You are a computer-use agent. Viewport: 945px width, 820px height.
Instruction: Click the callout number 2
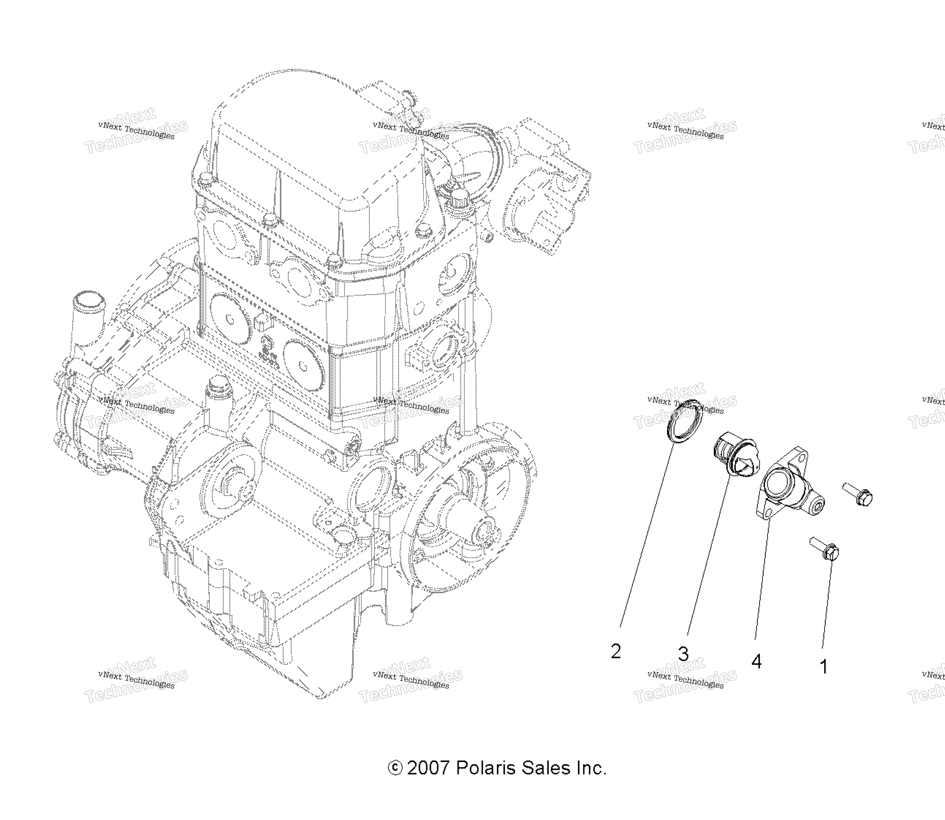coord(616,652)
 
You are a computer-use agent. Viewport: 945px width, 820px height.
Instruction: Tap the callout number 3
coord(683,654)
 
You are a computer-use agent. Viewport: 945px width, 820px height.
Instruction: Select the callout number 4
coord(756,662)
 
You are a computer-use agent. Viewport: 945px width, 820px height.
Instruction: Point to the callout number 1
coord(824,667)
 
